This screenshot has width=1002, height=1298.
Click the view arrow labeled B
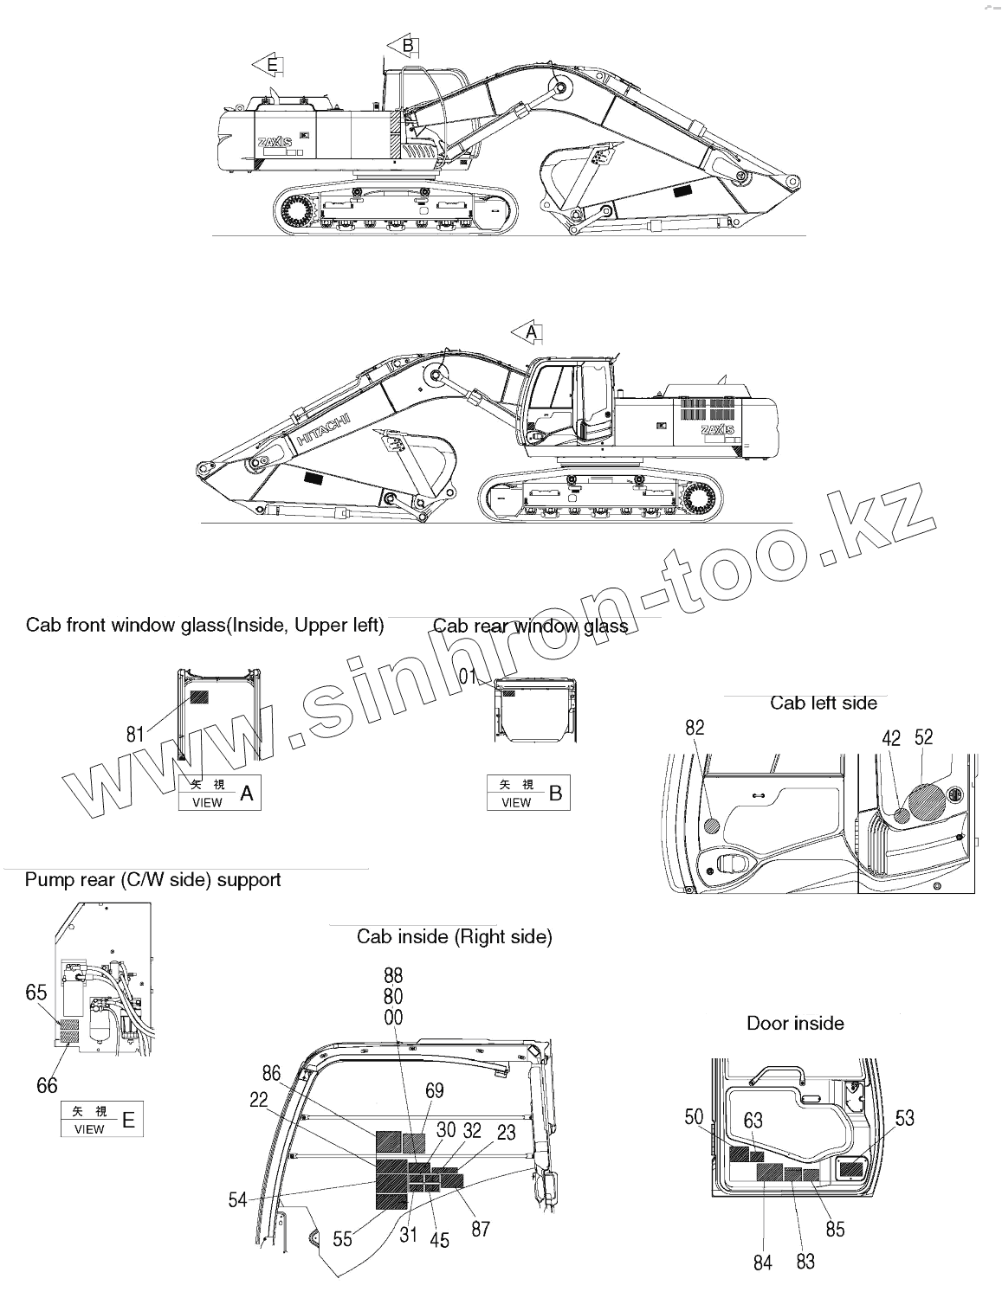[404, 45]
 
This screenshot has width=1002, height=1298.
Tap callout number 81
[135, 735]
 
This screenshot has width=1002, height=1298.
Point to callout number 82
[695, 728]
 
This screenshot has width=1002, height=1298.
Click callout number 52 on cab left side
[924, 737]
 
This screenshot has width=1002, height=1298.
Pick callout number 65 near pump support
[36, 993]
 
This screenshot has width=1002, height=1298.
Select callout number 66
[47, 1084]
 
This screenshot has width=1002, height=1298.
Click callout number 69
[435, 1091]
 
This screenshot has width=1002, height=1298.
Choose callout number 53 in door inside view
[904, 1119]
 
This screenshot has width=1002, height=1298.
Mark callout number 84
[762, 1263]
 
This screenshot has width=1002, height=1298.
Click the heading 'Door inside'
[795, 1024]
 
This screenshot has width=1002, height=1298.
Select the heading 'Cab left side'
[824, 703]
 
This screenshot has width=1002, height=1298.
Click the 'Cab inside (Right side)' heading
[454, 936]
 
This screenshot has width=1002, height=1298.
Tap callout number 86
[272, 1074]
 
